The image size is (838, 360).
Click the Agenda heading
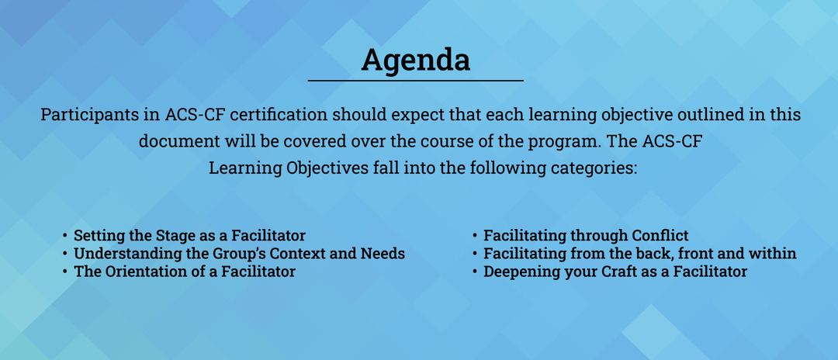click(x=415, y=61)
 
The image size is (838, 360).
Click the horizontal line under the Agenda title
click(x=415, y=81)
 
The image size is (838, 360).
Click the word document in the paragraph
click(x=175, y=141)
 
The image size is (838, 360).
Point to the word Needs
click(x=386, y=253)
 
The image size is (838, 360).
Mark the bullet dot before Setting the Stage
click(x=64, y=236)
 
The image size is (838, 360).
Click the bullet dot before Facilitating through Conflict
click(x=475, y=236)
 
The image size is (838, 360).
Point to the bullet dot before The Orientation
click(x=64, y=272)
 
